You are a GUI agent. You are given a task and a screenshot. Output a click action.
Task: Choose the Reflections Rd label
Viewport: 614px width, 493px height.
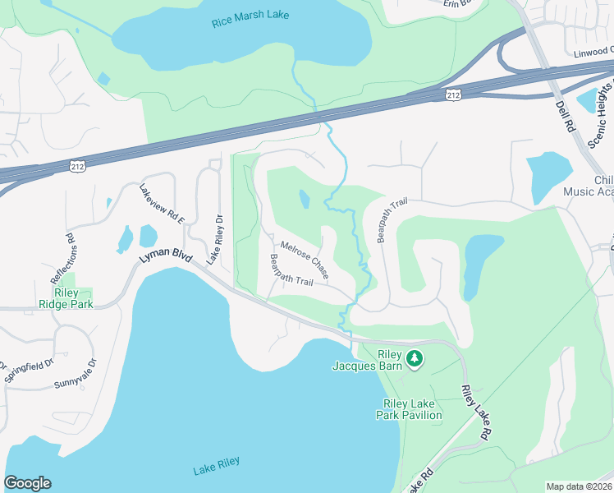click(x=71, y=249)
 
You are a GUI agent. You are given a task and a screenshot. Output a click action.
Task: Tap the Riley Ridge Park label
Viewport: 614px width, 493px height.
click(x=69, y=297)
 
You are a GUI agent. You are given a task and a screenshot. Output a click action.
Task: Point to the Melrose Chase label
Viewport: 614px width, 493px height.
click(x=305, y=257)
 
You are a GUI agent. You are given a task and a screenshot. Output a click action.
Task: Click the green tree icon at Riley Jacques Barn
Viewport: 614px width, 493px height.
click(x=415, y=357)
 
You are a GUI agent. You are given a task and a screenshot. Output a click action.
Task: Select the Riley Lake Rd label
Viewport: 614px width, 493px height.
click(x=477, y=412)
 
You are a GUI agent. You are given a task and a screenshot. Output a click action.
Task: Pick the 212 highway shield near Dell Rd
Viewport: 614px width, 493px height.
click(x=452, y=96)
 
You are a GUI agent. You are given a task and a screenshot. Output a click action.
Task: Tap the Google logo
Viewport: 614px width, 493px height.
click(x=27, y=483)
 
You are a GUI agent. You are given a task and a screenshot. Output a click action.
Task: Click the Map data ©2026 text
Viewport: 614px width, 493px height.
click(x=579, y=486)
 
